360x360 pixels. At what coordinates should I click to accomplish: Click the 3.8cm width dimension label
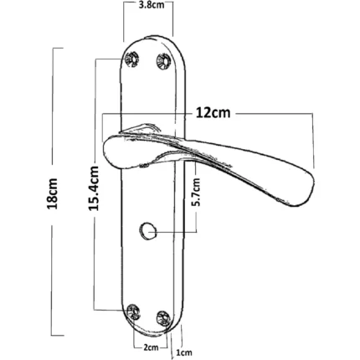coord(152,5)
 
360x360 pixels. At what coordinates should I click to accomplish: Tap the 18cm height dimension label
coord(52,193)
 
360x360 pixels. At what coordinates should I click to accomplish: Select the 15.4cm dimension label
coord(94,188)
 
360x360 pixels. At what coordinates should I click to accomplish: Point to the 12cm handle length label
coord(213,113)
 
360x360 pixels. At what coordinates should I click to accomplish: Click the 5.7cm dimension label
coord(197,192)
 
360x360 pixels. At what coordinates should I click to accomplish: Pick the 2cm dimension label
coord(151,347)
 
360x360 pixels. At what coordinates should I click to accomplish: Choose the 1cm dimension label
coord(184,352)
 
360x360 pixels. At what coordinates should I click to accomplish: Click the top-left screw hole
coord(131,59)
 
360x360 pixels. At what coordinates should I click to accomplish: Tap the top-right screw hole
coord(163,60)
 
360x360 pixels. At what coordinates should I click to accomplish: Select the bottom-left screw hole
coord(133,311)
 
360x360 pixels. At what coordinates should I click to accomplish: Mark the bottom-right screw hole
coord(163,318)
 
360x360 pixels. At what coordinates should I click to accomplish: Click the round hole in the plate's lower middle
coord(147,230)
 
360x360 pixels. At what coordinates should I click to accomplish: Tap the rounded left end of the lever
coord(105,151)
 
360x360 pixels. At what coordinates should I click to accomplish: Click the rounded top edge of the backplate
coord(153,37)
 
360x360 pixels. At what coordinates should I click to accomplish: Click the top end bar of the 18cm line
coord(58,49)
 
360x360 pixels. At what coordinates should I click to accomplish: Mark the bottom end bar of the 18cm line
coord(58,335)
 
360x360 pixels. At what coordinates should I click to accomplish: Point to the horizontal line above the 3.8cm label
coord(148,2)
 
